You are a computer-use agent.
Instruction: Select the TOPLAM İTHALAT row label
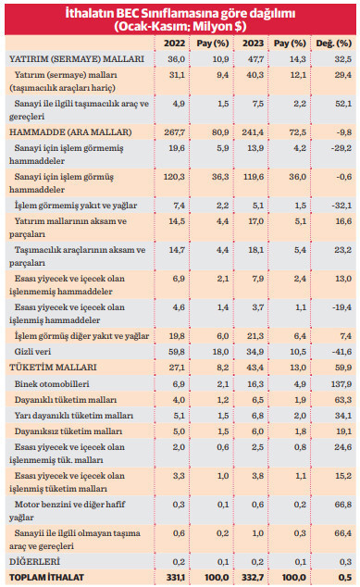tap(45, 577)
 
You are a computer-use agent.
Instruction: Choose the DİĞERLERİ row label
tap(35, 561)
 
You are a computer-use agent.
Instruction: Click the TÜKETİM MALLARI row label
tap(52, 368)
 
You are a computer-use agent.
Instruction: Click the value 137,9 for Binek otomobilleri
tap(338, 382)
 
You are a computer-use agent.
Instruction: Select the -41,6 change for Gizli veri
tap(339, 352)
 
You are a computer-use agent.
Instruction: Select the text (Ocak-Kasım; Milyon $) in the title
tap(180, 28)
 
